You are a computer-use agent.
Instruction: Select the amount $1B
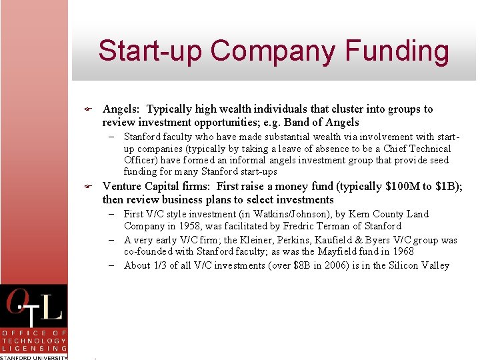tap(449, 187)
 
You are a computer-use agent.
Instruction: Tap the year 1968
tap(401, 252)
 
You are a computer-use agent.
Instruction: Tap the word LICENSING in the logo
tap(34, 348)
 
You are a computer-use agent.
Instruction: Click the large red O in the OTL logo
tap(19, 304)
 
